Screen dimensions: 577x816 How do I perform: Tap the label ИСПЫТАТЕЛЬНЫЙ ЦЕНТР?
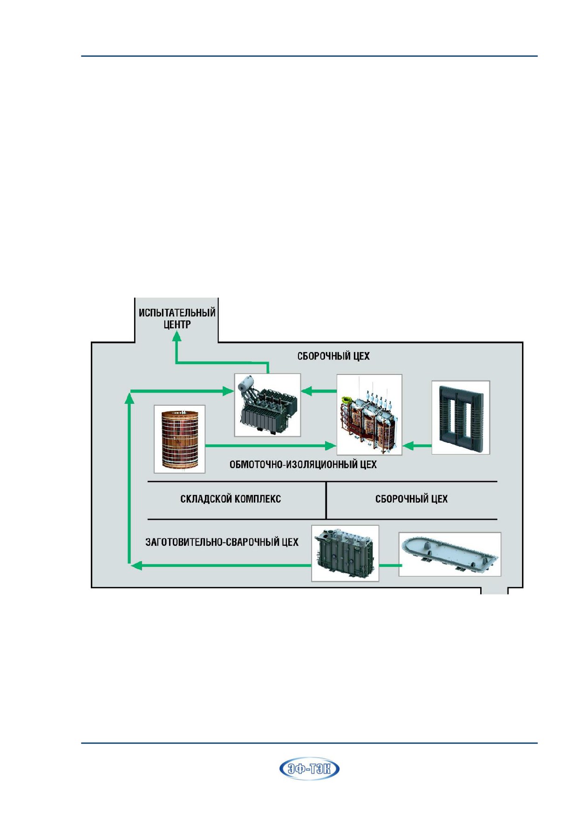pyautogui.click(x=177, y=319)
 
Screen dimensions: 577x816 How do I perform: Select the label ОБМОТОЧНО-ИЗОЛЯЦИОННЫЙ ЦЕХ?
pyautogui.click(x=303, y=464)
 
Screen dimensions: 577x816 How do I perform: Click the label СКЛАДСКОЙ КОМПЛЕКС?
pyautogui.click(x=231, y=499)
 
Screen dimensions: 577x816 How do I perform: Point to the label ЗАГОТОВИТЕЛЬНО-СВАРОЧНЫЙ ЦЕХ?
pyautogui.click(x=222, y=542)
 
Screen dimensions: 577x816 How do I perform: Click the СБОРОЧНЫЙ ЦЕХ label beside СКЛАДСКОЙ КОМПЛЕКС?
pyautogui.click(x=411, y=499)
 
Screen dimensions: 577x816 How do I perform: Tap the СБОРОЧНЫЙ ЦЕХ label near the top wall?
pyautogui.click(x=333, y=356)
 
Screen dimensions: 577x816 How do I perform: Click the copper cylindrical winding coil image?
pyautogui.click(x=180, y=439)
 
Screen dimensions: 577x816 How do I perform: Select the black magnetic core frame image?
pyautogui.click(x=461, y=417)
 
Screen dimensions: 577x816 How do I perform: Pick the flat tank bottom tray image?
pyautogui.click(x=450, y=554)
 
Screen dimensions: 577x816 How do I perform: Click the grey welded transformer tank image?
pyautogui.click(x=345, y=553)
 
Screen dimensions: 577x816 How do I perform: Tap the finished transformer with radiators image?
pyautogui.click(x=267, y=405)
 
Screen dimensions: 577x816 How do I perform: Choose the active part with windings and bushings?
pyautogui.click(x=369, y=415)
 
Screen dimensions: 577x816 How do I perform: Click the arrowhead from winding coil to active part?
pyautogui.click(x=330, y=446)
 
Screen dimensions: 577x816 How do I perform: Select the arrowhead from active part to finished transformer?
pyautogui.click(x=306, y=391)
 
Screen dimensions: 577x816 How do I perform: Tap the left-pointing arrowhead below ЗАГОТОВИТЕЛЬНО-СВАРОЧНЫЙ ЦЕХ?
pyautogui.click(x=136, y=565)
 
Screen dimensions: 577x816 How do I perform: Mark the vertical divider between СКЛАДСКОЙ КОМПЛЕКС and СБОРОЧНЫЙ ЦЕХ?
pyautogui.click(x=326, y=500)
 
